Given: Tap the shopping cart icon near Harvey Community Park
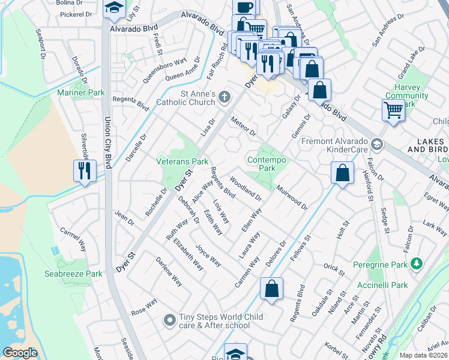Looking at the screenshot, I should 393,109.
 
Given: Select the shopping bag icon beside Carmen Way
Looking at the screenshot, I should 271,289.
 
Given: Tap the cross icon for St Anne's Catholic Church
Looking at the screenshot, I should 224,97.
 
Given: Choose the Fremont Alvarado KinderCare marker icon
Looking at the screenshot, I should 376,144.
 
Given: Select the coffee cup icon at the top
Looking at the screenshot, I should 244,7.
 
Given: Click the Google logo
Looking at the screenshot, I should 20,353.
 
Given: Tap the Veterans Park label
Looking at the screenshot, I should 182,161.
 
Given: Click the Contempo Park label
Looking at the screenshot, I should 267,164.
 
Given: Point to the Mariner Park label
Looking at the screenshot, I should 80,92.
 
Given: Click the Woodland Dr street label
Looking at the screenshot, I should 246,188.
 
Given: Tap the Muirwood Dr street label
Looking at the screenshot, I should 292,197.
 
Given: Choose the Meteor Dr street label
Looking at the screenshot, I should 244,127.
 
